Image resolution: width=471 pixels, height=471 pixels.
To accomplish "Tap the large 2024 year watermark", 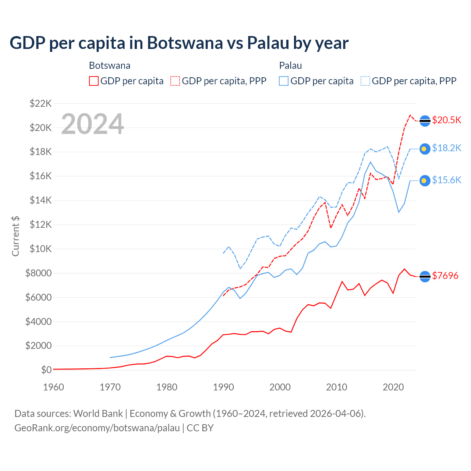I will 92,124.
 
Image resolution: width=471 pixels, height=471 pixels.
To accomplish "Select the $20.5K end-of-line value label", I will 446,120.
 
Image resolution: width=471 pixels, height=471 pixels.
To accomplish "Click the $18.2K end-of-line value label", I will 446,148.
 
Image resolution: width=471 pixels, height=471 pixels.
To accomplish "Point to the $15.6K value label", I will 446,180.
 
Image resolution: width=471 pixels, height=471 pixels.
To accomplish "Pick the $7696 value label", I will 445,276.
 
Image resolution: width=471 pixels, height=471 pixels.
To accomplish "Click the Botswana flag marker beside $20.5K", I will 425,121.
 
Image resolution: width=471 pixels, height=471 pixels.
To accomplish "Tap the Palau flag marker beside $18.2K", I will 425,149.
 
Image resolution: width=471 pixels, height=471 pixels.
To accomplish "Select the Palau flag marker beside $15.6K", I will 425,180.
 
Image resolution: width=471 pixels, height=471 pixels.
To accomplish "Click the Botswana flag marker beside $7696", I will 425,276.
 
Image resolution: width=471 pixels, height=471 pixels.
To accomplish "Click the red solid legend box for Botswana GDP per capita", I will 94,81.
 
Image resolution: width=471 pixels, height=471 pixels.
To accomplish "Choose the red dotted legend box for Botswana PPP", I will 175,81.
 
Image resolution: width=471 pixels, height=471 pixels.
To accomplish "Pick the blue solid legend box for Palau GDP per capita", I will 284,81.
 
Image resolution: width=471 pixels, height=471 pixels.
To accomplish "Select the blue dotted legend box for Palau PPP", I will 365,81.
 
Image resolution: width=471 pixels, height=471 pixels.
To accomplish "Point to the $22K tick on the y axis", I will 40,103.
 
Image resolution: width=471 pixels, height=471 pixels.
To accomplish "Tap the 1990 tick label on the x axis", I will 223,387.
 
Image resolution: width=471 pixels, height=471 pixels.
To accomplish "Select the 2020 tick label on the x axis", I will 393,387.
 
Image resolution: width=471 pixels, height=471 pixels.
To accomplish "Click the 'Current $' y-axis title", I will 15,236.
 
